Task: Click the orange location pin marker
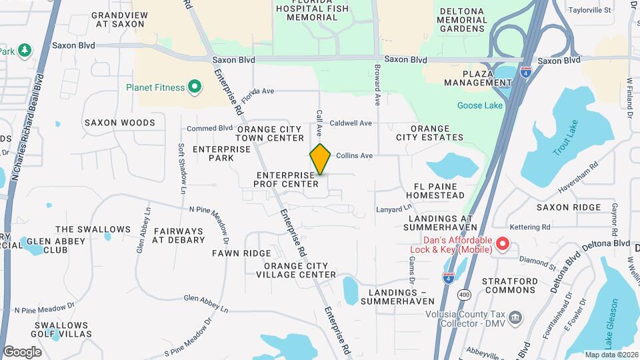tap(321, 159)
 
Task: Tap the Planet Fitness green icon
tap(195, 87)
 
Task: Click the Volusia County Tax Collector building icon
tap(515, 317)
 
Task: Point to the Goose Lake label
tap(479, 105)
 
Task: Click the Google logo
tap(22, 351)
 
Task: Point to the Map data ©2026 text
tap(610, 355)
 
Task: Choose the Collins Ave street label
tap(354, 155)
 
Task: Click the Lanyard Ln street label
tap(391, 209)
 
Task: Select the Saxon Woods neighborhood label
tap(119, 123)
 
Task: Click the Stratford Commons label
tap(511, 285)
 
